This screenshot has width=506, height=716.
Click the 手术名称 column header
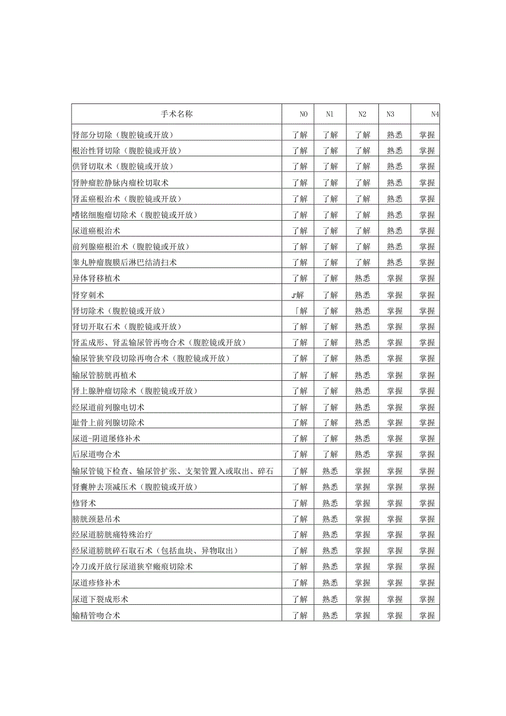pyautogui.click(x=177, y=114)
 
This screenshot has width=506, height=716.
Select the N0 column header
pyautogui.click(x=304, y=114)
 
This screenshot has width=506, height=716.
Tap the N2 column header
pyautogui.click(x=362, y=114)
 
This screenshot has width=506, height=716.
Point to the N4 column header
pyautogui.click(x=435, y=114)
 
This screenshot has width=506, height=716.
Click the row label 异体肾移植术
pyautogui.click(x=96, y=278)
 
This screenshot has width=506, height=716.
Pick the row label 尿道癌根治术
pyautogui.click(x=96, y=231)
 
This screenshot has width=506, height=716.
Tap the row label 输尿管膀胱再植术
pyautogui.click(x=104, y=375)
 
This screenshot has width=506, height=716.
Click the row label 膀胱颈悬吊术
pyautogui.click(x=96, y=519)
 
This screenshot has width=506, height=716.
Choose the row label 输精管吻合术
pyautogui.click(x=96, y=615)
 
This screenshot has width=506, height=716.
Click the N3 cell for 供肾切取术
pyautogui.click(x=394, y=166)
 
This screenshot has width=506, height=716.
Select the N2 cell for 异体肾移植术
pyautogui.click(x=362, y=278)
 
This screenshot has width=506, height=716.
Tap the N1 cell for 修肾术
pyautogui.click(x=330, y=503)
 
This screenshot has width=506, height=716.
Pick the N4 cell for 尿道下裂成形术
pyautogui.click(x=427, y=599)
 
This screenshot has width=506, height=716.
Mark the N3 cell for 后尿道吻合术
pyautogui.click(x=394, y=455)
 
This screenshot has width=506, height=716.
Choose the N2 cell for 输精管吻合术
pyautogui.click(x=362, y=615)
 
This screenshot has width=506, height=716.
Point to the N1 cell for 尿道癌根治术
pyautogui.click(x=330, y=231)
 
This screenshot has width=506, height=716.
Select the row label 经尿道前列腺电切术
pyautogui.click(x=108, y=407)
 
